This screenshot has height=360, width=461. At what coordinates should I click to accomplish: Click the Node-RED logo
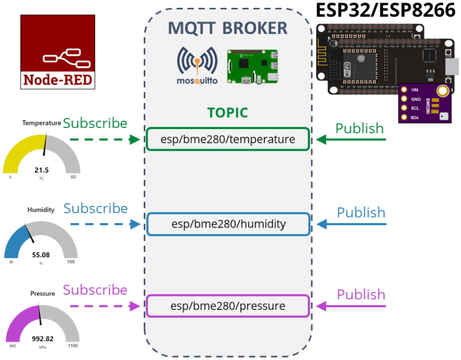pyautogui.click(x=57, y=52)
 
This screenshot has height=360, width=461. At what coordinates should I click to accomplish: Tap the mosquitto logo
pyautogui.click(x=197, y=66)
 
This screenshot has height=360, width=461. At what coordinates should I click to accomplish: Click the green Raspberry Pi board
pyautogui.click(x=252, y=66)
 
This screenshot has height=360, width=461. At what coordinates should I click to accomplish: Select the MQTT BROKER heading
pyautogui.click(x=228, y=28)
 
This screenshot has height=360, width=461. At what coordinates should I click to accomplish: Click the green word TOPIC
pyautogui.click(x=227, y=112)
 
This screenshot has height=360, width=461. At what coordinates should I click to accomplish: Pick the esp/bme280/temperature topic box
pyautogui.click(x=228, y=139)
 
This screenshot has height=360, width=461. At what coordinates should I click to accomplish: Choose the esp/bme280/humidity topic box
pyautogui.click(x=228, y=224)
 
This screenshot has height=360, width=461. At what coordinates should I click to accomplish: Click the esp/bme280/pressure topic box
pyautogui.click(x=228, y=306)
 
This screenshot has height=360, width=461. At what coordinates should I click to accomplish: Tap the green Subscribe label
pyautogui.click(x=95, y=123)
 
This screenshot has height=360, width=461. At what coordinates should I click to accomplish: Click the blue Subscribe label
pyautogui.click(x=95, y=208)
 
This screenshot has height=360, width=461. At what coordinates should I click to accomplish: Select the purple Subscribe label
pyautogui.click(x=95, y=290)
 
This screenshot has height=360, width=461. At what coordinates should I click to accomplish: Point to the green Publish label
pyautogui.click(x=359, y=129)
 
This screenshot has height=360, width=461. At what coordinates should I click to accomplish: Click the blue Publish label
pyautogui.click(x=361, y=213)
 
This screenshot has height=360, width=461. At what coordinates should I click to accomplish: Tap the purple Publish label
pyautogui.click(x=361, y=294)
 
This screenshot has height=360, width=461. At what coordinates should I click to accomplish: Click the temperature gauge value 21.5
pyautogui.click(x=42, y=170)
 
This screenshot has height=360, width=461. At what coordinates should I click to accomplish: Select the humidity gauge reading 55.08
pyautogui.click(x=41, y=255)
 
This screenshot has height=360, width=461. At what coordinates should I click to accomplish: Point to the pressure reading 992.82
pyautogui.click(x=42, y=338)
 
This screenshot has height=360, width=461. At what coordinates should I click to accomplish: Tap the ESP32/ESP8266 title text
pyautogui.click(x=385, y=10)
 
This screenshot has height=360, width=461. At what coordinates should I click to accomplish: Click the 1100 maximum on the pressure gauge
pyautogui.click(x=72, y=346)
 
